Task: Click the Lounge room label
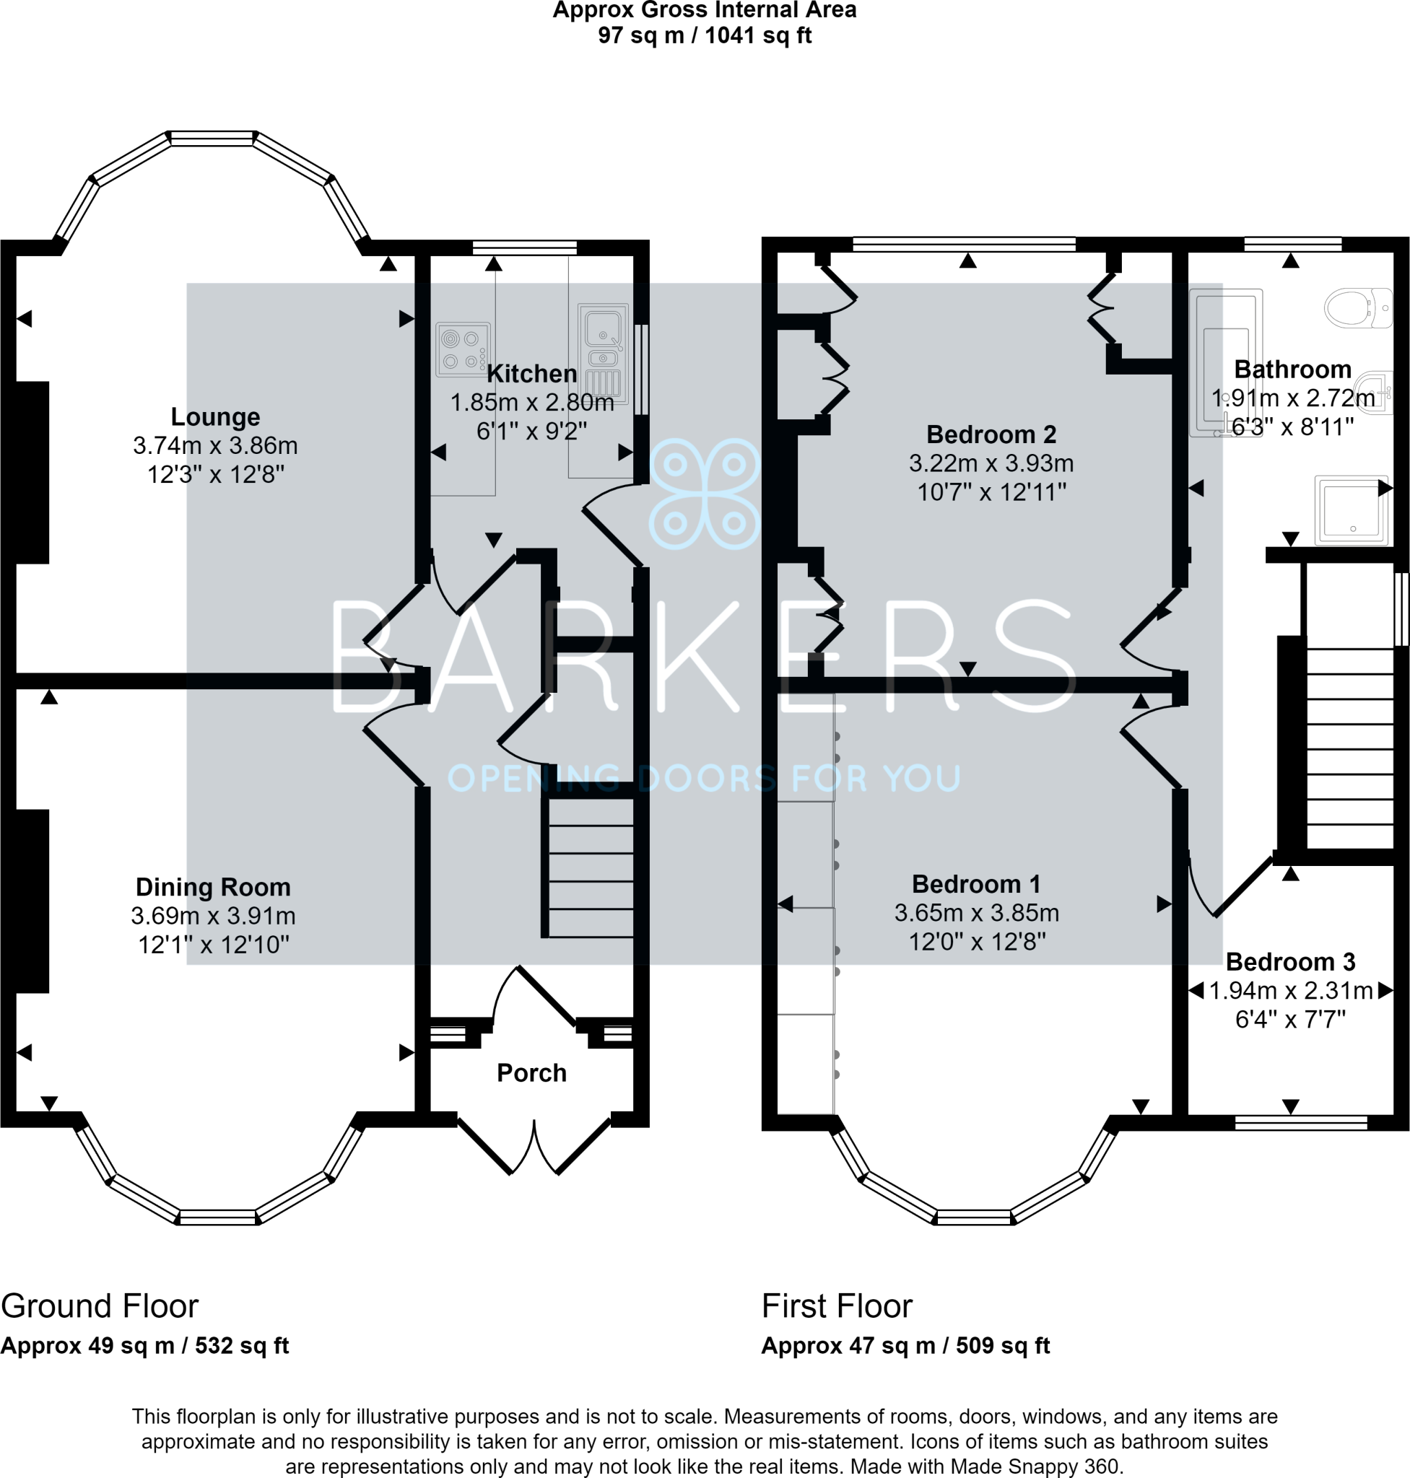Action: click(x=215, y=417)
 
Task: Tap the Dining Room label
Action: click(x=213, y=888)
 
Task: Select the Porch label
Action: click(x=531, y=1073)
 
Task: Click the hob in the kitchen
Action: click(x=463, y=349)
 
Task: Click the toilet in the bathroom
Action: click(x=1359, y=308)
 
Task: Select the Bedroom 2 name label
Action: click(x=991, y=434)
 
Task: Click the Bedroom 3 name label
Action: click(x=1289, y=962)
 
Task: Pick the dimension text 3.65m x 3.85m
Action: click(x=976, y=913)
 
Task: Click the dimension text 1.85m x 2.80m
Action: click(x=531, y=403)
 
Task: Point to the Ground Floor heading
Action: click(x=99, y=1306)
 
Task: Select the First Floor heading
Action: click(x=837, y=1306)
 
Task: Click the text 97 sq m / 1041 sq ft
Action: click(x=705, y=35)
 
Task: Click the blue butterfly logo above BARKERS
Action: click(x=705, y=494)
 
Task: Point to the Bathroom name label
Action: click(x=1293, y=369)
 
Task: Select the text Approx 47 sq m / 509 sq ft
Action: click(x=905, y=1346)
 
